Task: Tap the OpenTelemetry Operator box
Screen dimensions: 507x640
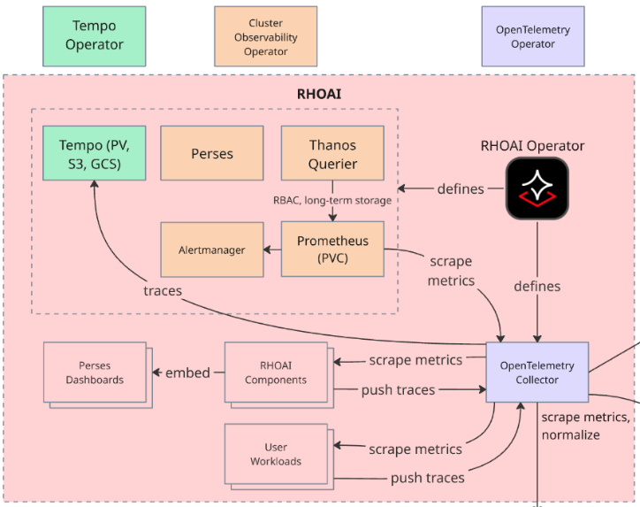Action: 533,36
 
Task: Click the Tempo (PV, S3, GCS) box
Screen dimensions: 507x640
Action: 95,153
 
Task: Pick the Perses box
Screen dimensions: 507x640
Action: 212,153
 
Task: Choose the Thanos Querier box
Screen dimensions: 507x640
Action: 332,153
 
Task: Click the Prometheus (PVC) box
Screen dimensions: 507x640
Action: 332,249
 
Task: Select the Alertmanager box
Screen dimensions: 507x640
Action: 212,250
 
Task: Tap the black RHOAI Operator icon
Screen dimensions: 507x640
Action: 537,188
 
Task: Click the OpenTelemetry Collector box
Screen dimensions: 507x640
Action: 537,373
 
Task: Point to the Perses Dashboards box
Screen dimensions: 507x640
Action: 95,373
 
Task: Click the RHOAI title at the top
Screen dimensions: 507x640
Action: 318,93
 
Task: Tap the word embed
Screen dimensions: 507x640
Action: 187,373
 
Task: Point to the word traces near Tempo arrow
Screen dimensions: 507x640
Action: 162,289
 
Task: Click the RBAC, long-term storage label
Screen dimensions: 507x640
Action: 332,200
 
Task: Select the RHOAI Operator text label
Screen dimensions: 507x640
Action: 532,145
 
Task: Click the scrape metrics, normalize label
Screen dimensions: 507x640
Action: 585,426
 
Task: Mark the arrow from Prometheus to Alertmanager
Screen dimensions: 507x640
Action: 272,250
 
